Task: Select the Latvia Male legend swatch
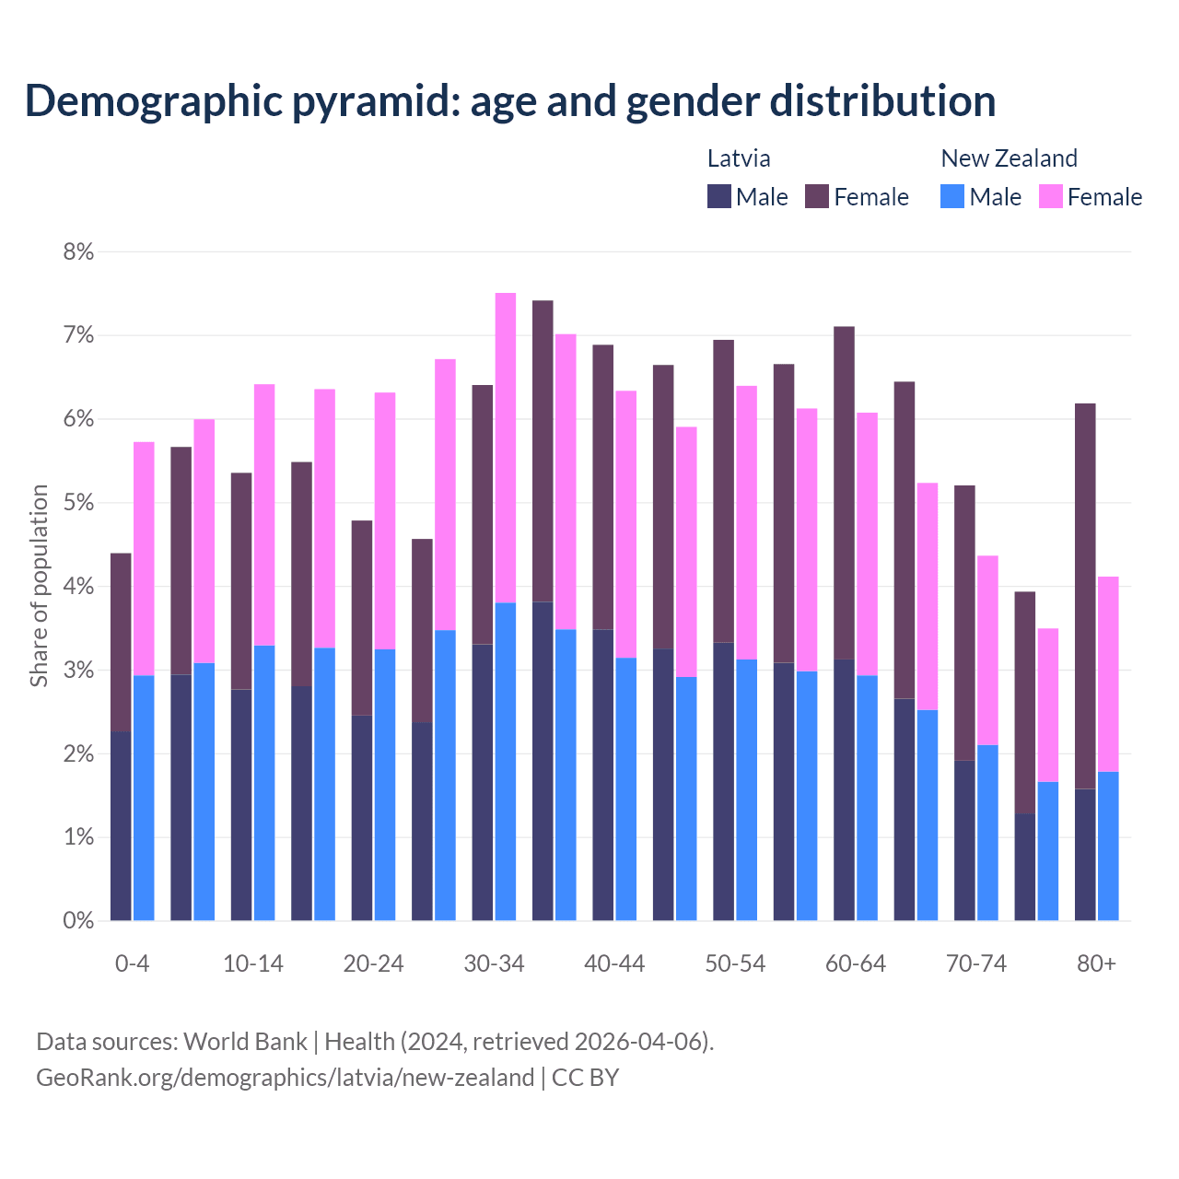[719, 196]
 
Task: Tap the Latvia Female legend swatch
[817, 196]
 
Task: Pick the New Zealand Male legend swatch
[952, 196]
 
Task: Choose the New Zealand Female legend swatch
[1050, 196]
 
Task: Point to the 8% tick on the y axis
[78, 251]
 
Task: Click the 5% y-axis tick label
[78, 503]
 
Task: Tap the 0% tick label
[78, 920]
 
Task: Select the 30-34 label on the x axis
[494, 963]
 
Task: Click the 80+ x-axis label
[1096, 963]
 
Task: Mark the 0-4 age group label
[132, 963]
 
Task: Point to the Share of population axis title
[39, 586]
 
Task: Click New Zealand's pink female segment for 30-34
[506, 448]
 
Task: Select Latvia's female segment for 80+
[1085, 596]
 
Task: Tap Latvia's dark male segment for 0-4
[121, 826]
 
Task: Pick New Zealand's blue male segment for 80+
[1108, 846]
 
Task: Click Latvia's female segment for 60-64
[844, 493]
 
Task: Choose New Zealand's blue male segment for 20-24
[385, 785]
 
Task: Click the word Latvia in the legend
[739, 158]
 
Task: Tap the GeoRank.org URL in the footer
[285, 1077]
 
